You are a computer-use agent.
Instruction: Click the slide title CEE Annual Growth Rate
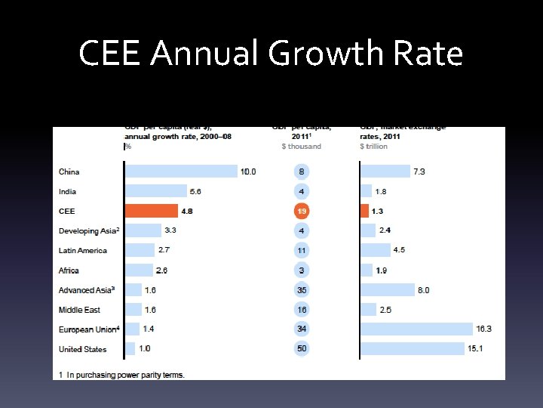pyautogui.click(x=271, y=54)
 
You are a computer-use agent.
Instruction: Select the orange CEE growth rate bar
pyautogui.click(x=152, y=211)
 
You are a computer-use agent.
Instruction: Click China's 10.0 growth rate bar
pyautogui.click(x=181, y=172)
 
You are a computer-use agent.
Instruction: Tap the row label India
pyautogui.click(x=68, y=192)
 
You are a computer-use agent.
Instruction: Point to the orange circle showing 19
pyautogui.click(x=302, y=211)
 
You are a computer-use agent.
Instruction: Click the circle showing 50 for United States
pyautogui.click(x=302, y=349)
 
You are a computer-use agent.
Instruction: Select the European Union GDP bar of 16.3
pyautogui.click(x=416, y=329)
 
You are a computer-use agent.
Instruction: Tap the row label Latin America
pyautogui.click(x=83, y=250)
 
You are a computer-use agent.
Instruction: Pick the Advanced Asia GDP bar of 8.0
pyautogui.click(x=388, y=290)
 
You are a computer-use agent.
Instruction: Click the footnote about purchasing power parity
pyautogui.click(x=121, y=374)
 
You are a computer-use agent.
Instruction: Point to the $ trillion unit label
pyautogui.click(x=373, y=147)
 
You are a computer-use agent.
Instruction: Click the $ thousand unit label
pyautogui.click(x=301, y=147)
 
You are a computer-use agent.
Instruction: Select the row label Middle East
pyautogui.click(x=79, y=310)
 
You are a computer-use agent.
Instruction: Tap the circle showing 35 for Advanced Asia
pyautogui.click(x=302, y=290)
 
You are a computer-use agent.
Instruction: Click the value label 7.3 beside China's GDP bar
pyautogui.click(x=419, y=172)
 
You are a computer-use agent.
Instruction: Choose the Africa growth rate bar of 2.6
pyautogui.click(x=140, y=270)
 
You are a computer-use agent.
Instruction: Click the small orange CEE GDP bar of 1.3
pyautogui.click(x=365, y=211)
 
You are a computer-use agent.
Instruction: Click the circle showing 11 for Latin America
pyautogui.click(x=302, y=250)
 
